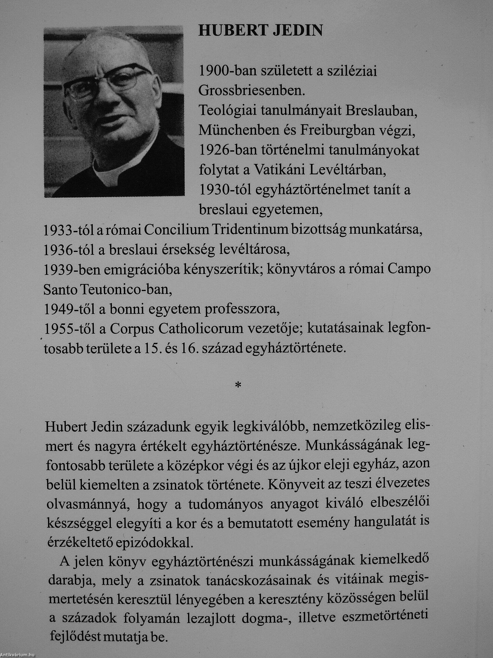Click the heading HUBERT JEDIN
pyautogui.click(x=260, y=31)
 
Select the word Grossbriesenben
pyautogui.click(x=252, y=91)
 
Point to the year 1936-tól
pyautogui.click(x=67, y=250)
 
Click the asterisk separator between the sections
pyautogui.click(x=238, y=386)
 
